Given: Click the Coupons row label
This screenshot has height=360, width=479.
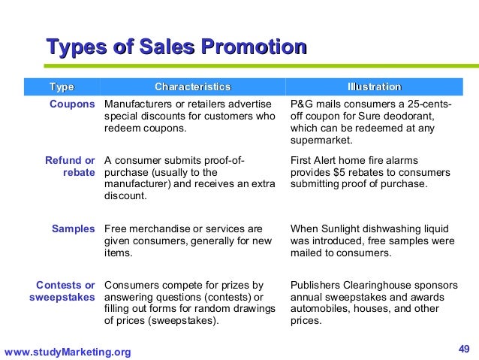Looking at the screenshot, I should click(72, 104).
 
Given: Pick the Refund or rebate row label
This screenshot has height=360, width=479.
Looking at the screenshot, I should click(70, 166).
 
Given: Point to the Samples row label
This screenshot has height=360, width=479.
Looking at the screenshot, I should click(73, 228).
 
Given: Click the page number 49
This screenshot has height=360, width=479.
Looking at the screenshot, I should click(463, 348).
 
